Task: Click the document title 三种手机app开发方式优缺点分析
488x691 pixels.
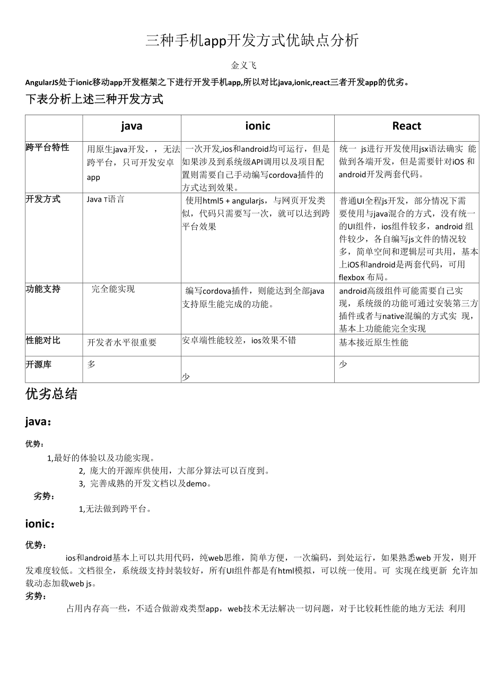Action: click(252, 40)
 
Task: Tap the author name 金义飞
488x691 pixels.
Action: click(244, 65)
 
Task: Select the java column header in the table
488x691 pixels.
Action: click(132, 126)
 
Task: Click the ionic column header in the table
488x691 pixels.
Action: click(257, 126)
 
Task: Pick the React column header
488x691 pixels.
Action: click(406, 126)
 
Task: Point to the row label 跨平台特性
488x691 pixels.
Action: click(47, 148)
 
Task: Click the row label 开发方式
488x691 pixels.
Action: click(43, 199)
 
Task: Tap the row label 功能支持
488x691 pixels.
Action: click(43, 289)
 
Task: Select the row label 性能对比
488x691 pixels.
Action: click(43, 340)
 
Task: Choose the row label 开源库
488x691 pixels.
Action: click(39, 365)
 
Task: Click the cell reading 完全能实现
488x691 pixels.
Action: click(113, 289)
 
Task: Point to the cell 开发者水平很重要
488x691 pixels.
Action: click(122, 343)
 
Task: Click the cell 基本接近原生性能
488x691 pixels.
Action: click(373, 343)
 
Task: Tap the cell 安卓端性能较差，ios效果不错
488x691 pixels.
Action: click(239, 340)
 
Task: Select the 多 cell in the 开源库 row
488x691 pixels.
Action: click(91, 365)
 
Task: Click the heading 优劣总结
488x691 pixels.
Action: click(51, 394)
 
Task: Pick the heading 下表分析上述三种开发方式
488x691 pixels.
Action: click(94, 99)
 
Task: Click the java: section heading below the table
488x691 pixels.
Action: click(39, 422)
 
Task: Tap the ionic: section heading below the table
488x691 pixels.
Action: click(40, 524)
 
